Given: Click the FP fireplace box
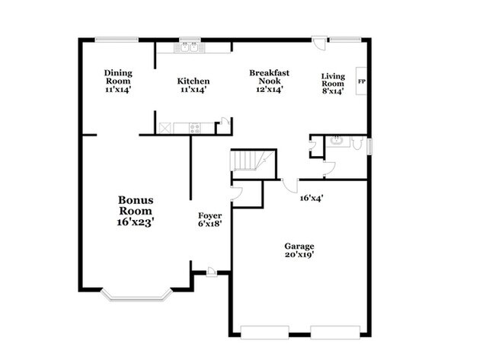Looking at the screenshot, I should (x=361, y=81).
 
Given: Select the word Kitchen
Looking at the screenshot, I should (x=193, y=81).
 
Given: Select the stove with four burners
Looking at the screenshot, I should (x=195, y=128).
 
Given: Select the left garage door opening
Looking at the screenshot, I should (x=265, y=332).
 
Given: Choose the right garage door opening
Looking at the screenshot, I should (x=335, y=332).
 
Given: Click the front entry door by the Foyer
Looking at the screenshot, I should (x=212, y=272).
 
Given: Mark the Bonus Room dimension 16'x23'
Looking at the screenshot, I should (x=135, y=222).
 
